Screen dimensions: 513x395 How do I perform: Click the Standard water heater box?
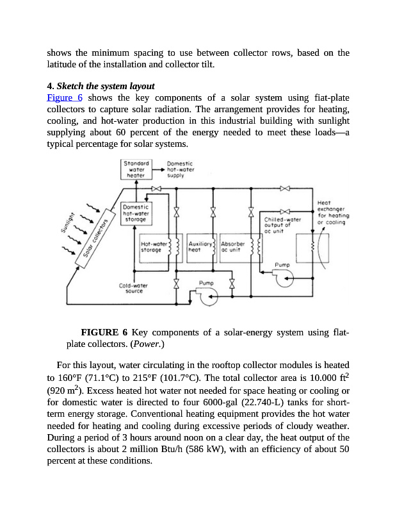point(136,169)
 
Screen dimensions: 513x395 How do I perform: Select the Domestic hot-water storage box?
point(136,214)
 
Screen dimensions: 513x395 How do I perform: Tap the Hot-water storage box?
point(153,248)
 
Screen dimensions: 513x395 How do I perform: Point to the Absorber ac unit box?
point(234,248)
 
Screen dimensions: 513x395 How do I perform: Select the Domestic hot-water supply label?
point(180,169)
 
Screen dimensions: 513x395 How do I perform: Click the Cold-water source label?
point(134,289)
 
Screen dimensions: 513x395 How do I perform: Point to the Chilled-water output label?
point(282,225)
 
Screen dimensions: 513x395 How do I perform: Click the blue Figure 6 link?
point(65,97)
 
